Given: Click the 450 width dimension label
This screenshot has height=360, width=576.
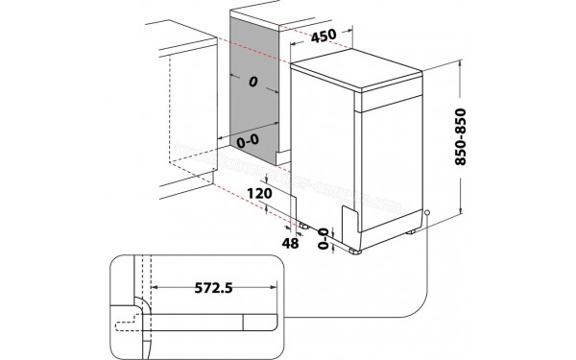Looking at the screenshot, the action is [x=324, y=36].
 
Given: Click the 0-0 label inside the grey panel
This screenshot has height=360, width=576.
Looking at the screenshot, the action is [x=247, y=141].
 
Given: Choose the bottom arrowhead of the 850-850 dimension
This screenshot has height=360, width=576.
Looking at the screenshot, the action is [x=462, y=211].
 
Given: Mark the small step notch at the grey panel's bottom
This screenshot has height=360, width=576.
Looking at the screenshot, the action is [x=279, y=153].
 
